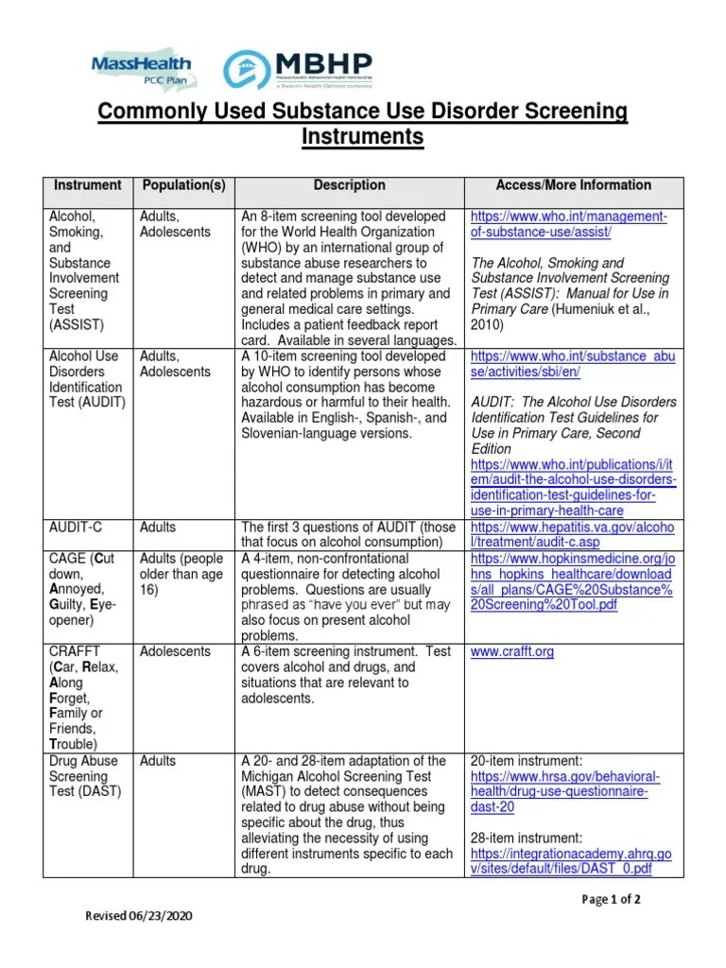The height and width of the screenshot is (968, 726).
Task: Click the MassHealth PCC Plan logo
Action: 142,67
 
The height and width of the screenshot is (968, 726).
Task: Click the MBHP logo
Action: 298,69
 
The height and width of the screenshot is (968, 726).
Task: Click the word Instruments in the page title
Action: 363,138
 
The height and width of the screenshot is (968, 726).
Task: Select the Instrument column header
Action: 88,185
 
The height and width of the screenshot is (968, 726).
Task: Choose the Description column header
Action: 350,185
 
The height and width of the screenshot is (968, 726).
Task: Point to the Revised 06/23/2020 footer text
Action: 143,916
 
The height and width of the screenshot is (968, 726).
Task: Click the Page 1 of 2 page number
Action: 612,899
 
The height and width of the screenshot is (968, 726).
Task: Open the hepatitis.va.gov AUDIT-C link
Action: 571,535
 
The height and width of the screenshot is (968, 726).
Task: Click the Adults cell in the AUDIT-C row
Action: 158,527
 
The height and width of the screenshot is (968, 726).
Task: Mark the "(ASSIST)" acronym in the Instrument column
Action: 77,324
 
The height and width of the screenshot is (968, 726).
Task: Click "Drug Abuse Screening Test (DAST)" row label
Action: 85,776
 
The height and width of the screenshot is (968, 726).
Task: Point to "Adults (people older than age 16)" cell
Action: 181,574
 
